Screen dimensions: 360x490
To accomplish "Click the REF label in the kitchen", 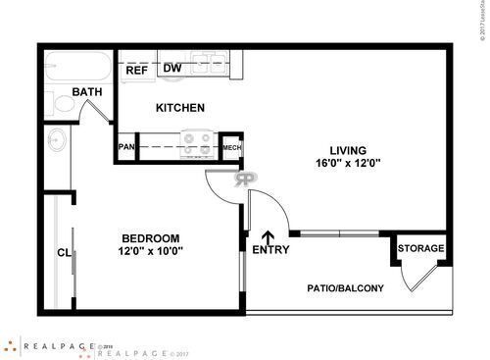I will tap(135, 70).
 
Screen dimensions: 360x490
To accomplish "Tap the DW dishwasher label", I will tap(171, 68).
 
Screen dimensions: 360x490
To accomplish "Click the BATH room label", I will tap(86, 93).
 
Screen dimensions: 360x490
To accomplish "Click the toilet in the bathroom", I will tap(56, 101).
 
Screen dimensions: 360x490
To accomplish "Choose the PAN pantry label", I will tap(126, 147).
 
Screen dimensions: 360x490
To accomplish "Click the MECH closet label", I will tap(231, 148).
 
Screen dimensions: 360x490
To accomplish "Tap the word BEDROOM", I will tap(150, 237).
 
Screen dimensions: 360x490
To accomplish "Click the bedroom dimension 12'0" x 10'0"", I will tap(150, 251).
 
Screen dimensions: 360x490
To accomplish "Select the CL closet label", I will tap(64, 252).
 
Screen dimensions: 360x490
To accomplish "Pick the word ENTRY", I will tap(270, 250).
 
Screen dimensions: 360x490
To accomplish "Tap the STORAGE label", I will tap(420, 248).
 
